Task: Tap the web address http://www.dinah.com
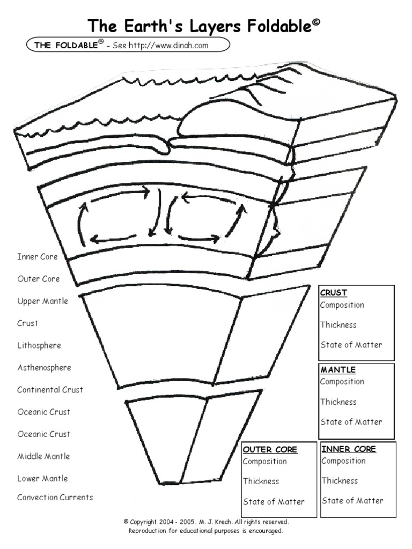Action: pyautogui.click(x=168, y=45)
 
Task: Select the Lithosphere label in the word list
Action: pyautogui.click(x=39, y=346)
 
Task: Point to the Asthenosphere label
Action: pyautogui.click(x=44, y=368)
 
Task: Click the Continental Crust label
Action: pyautogui.click(x=50, y=390)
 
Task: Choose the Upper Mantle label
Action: pyautogui.click(x=43, y=301)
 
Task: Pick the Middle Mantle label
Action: pyautogui.click(x=44, y=456)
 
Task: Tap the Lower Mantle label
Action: pyautogui.click(x=43, y=478)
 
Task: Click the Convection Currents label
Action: pyautogui.click(x=55, y=497)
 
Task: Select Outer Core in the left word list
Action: pyautogui.click(x=39, y=279)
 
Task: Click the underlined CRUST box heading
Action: pyautogui.click(x=334, y=293)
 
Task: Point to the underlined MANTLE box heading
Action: pyautogui.click(x=338, y=370)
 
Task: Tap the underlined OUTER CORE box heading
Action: pyautogui.click(x=270, y=450)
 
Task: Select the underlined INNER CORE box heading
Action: pyautogui.click(x=349, y=449)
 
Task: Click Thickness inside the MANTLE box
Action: pyautogui.click(x=339, y=402)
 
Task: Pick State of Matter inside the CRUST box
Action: pyautogui.click(x=351, y=345)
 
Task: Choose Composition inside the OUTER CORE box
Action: pyautogui.click(x=265, y=462)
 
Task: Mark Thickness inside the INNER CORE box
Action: pyautogui.click(x=340, y=481)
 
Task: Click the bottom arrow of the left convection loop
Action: pyautogui.click(x=113, y=239)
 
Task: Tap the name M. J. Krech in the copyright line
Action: pyautogui.click(x=215, y=522)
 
